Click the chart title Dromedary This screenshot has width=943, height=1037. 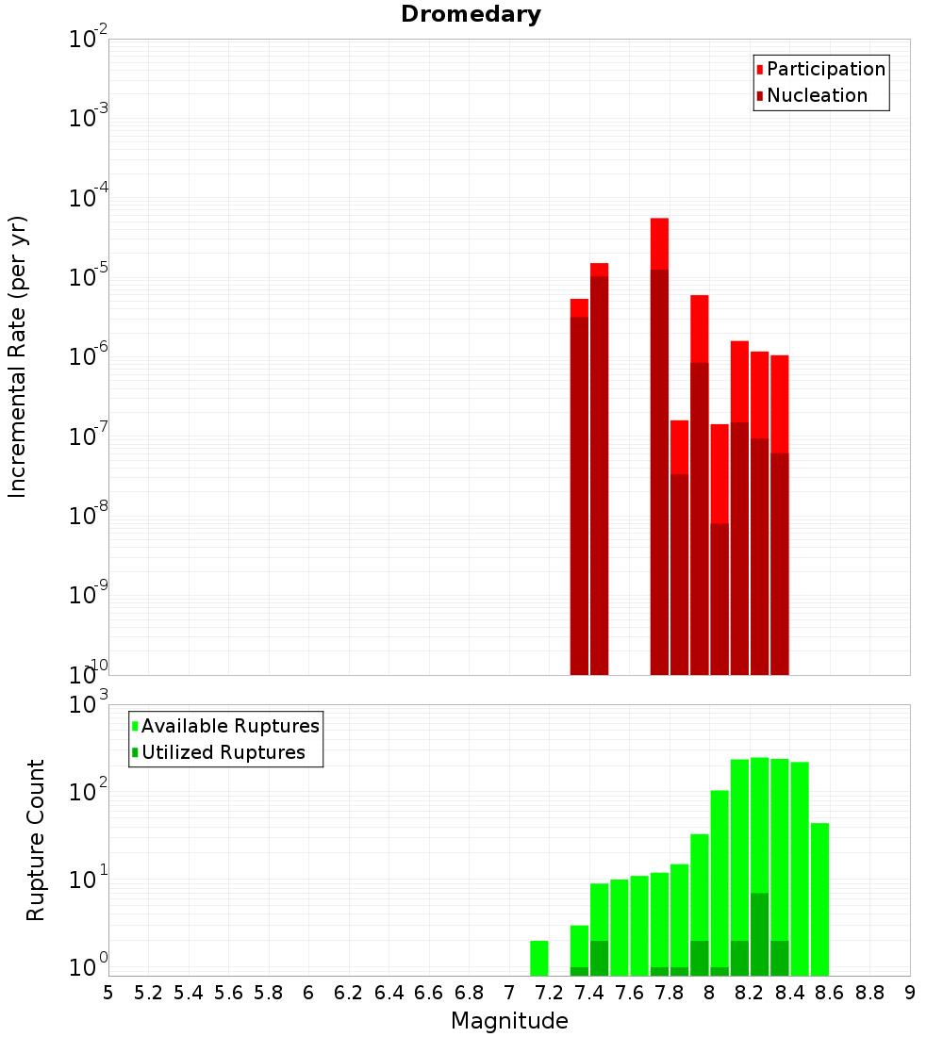(x=471, y=14)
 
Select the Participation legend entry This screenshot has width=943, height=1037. (x=825, y=69)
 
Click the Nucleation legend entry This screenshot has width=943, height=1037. (x=816, y=95)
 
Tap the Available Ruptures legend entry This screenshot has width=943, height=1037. (x=229, y=726)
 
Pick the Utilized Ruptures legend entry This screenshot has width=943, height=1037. (x=222, y=752)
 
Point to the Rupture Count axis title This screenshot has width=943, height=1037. (x=36, y=839)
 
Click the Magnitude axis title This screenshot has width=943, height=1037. (x=509, y=1021)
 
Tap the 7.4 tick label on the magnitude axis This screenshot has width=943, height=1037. (x=588, y=993)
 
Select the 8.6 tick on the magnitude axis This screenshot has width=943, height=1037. (x=829, y=993)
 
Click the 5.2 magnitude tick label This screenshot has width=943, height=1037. (x=148, y=993)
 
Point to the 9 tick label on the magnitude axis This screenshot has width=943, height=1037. (x=909, y=993)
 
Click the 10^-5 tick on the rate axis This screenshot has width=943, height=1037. (x=89, y=277)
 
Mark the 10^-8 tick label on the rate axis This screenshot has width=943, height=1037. (x=89, y=516)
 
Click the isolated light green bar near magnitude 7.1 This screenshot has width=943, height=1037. (x=539, y=957)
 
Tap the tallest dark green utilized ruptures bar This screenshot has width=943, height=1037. (x=760, y=933)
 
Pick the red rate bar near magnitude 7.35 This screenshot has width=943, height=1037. (x=579, y=307)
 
